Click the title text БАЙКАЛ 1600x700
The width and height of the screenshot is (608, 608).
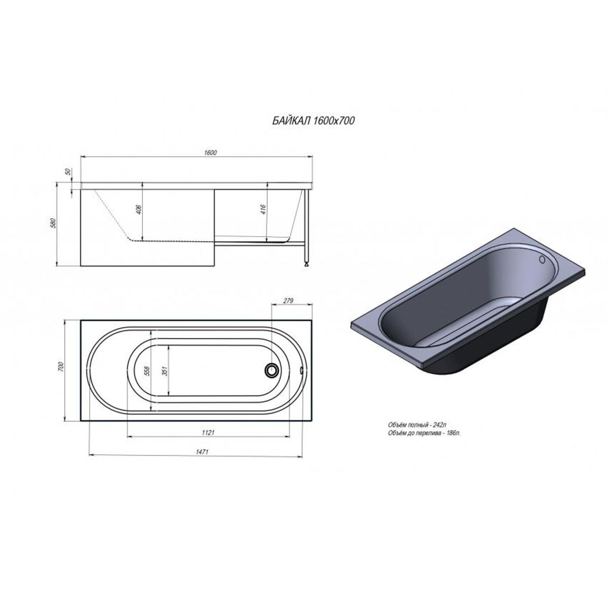click(x=314, y=121)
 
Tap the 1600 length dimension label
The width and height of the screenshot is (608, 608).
click(x=210, y=153)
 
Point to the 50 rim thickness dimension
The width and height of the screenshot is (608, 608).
click(x=67, y=172)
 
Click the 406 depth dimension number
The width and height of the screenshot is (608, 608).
click(x=139, y=209)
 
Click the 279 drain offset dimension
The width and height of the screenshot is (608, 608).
click(x=288, y=300)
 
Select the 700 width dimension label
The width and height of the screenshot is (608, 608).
click(x=61, y=367)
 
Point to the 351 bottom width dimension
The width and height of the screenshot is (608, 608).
click(x=164, y=370)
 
